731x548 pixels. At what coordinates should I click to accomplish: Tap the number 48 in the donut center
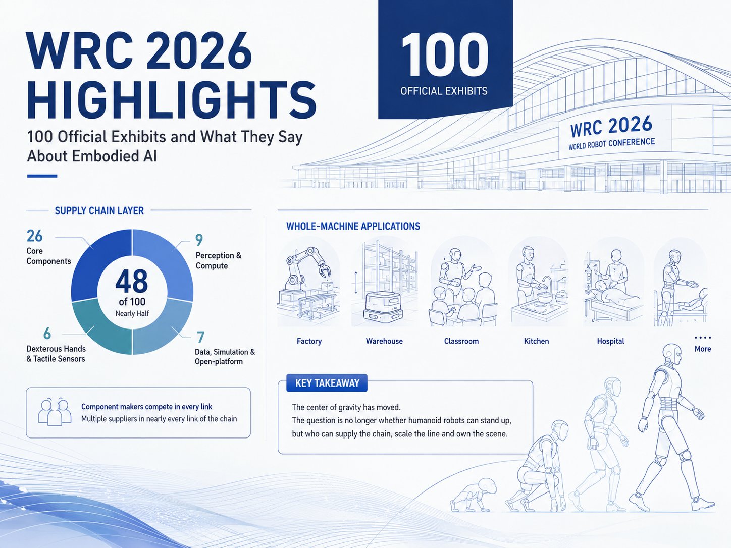click(132, 281)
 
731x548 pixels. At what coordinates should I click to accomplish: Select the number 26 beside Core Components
click(35, 236)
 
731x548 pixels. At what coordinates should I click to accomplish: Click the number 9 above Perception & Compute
click(199, 240)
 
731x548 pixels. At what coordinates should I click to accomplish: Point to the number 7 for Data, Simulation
click(200, 337)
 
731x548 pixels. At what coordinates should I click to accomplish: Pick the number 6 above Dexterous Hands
click(47, 333)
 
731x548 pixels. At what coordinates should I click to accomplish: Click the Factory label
click(309, 341)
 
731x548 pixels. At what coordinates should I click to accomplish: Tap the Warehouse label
click(384, 341)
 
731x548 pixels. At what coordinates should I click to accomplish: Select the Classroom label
click(461, 341)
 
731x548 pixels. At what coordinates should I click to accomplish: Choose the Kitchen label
click(537, 341)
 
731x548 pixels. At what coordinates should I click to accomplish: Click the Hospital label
click(610, 341)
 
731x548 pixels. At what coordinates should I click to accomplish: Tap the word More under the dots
click(703, 349)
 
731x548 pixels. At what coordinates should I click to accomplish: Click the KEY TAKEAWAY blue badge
click(327, 383)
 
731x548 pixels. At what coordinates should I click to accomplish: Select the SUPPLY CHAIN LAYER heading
click(99, 210)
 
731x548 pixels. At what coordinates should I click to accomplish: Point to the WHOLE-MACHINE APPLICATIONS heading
click(353, 226)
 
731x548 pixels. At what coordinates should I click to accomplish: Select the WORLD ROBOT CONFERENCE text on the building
click(611, 144)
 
